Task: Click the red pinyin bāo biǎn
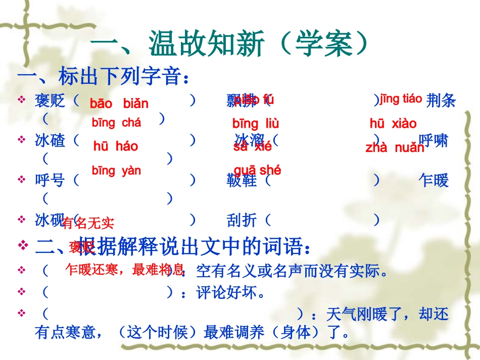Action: point(119,104)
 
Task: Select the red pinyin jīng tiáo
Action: point(401,99)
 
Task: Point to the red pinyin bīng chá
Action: point(116,122)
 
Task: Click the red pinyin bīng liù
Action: point(256,123)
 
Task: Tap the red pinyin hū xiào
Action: point(393,123)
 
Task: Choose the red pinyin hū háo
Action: point(116,146)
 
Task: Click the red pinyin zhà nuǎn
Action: point(395,147)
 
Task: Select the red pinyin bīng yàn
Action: point(116,171)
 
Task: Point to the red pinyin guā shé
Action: point(257,170)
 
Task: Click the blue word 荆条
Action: point(441,101)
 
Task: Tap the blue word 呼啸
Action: point(434,140)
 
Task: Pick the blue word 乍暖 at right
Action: point(434,180)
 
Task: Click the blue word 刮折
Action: point(242,220)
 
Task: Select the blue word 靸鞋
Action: point(242,180)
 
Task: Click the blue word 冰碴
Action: point(50,140)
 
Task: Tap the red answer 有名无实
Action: point(88,222)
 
